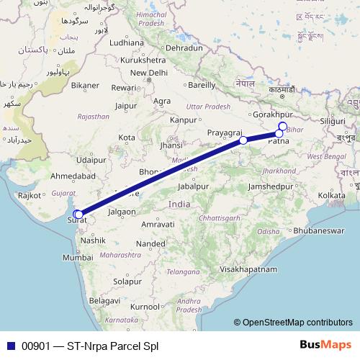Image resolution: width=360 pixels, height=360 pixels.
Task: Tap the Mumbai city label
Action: point(78,257)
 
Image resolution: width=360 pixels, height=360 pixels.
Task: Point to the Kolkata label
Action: point(332,195)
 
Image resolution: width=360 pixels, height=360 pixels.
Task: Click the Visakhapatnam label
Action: point(248,269)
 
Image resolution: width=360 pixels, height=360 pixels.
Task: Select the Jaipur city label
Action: point(125,106)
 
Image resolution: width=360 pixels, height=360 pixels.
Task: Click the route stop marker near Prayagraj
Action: point(243,140)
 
